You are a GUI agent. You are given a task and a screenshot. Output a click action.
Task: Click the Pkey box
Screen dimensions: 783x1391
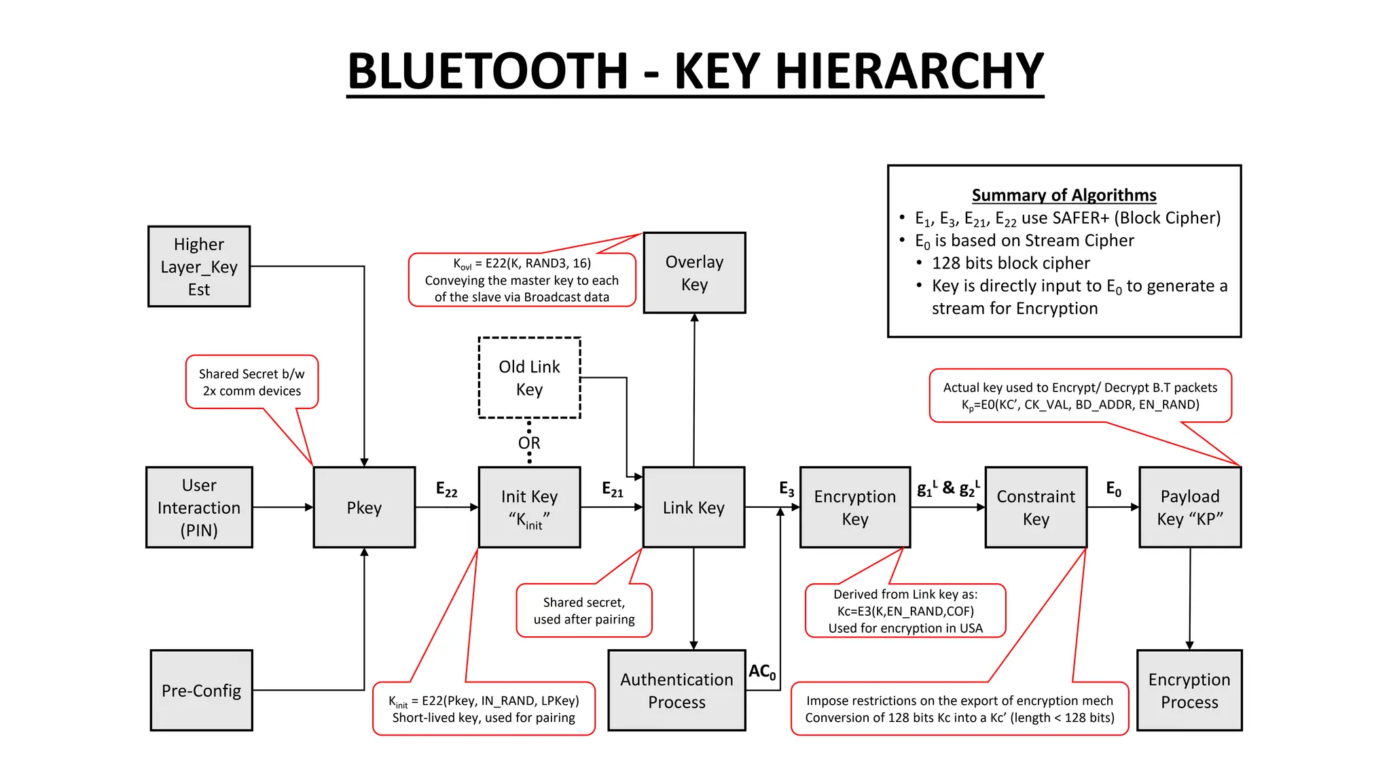pyautogui.click(x=364, y=507)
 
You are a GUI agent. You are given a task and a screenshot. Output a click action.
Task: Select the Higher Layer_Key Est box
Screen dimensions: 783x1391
pyautogui.click(x=199, y=266)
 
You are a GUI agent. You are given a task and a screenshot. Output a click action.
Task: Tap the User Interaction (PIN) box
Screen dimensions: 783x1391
pyautogui.click(x=199, y=507)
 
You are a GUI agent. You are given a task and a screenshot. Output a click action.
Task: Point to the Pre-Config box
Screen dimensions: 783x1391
pyautogui.click(x=201, y=691)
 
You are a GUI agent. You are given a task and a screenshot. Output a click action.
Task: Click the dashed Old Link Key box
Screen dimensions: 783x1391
pyautogui.click(x=529, y=378)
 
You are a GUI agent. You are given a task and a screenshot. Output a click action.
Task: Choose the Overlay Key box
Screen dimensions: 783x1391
pyautogui.click(x=694, y=273)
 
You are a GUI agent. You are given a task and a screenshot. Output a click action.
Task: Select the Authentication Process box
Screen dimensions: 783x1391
pyautogui.click(x=676, y=691)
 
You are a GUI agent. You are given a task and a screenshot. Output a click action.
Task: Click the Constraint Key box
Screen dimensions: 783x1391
pyautogui.click(x=1036, y=507)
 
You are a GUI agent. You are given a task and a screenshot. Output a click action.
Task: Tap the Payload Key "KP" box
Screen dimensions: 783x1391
pyautogui.click(x=1190, y=507)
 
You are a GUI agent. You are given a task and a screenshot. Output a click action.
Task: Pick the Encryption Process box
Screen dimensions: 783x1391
pyautogui.click(x=1189, y=691)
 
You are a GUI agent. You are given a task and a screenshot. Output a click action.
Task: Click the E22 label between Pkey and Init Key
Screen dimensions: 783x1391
pyautogui.click(x=446, y=489)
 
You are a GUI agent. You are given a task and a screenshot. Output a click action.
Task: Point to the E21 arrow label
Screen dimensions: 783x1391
pyautogui.click(x=612, y=489)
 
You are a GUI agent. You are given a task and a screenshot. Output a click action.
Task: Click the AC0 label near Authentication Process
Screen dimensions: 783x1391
pyautogui.click(x=762, y=672)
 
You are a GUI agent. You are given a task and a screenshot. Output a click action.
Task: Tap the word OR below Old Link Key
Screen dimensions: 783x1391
pyautogui.click(x=529, y=443)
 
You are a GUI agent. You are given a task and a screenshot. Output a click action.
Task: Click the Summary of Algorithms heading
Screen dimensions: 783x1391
pyautogui.click(x=1064, y=195)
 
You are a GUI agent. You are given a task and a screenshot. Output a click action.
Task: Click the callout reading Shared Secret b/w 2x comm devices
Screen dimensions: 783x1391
pyautogui.click(x=252, y=382)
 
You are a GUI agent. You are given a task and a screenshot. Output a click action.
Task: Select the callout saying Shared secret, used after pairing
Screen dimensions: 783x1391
pyautogui.click(x=584, y=610)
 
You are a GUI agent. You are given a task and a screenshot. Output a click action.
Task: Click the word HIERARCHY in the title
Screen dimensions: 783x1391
pyautogui.click(x=859, y=71)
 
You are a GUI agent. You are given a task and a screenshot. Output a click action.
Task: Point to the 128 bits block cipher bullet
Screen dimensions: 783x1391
pyautogui.click(x=1010, y=263)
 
